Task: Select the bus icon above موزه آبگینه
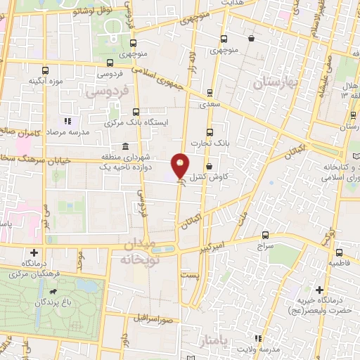pos(46,70)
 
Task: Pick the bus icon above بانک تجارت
pos(210,131)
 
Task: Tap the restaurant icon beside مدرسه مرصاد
pos(68,121)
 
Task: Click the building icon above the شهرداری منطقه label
pos(125,146)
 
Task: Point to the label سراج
pos(265,247)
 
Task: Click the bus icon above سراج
pos(265,235)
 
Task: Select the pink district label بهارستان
pos(276,83)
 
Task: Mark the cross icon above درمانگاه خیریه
pos(319,290)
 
